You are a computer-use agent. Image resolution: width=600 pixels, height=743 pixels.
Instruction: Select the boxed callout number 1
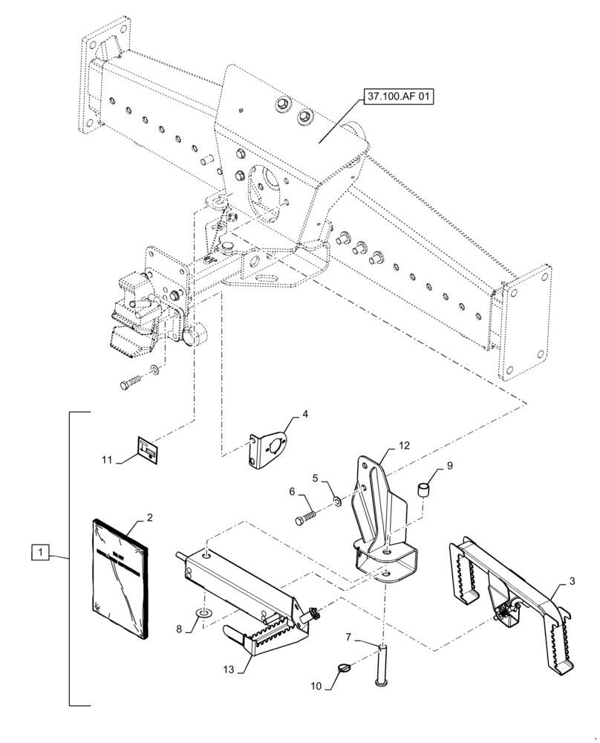tap(40, 553)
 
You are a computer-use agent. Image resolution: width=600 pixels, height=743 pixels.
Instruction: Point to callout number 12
tap(405, 446)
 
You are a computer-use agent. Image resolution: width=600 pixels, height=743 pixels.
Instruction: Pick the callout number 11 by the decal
tap(107, 461)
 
